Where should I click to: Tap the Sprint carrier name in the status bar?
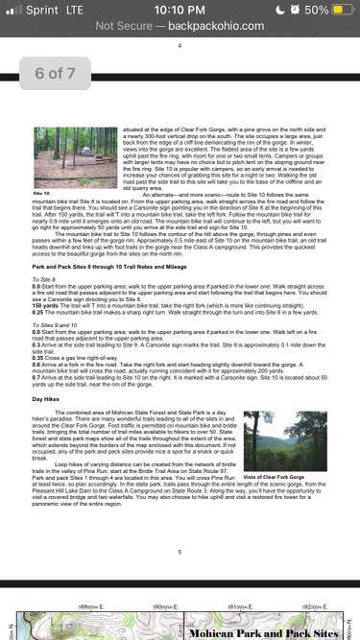[41, 10]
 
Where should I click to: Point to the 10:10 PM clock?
[180, 10]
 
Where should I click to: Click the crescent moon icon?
[280, 10]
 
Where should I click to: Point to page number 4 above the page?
[180, 45]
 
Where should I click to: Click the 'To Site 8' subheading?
[44, 278]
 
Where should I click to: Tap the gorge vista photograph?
[272, 440]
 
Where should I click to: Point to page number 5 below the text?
[180, 552]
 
